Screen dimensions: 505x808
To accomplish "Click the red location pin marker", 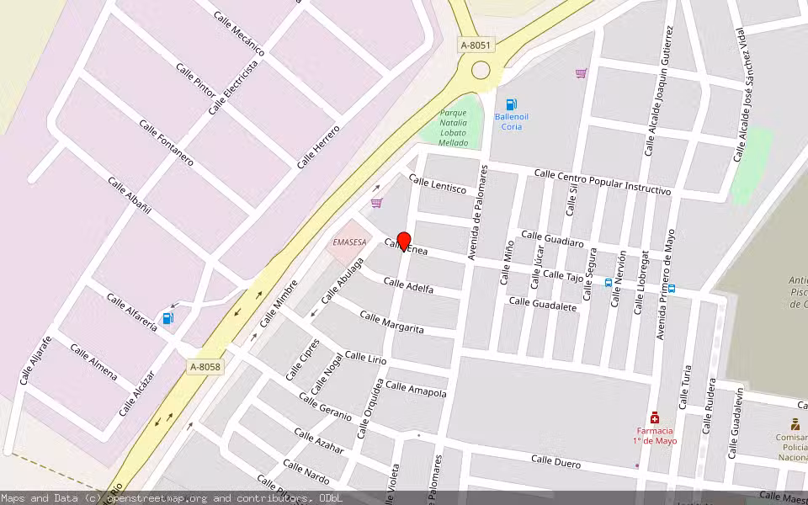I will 403,241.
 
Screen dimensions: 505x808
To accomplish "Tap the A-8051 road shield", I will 476,44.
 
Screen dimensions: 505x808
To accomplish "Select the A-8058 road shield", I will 205,367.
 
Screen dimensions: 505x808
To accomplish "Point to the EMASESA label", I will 349,242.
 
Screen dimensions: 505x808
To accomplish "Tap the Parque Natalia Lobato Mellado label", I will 454,127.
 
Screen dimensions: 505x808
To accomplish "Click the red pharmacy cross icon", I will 654,418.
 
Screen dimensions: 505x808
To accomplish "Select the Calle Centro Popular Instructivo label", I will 602,183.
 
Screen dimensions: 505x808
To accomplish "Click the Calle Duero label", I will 556,461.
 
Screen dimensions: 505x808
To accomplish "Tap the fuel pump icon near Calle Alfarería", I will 168,318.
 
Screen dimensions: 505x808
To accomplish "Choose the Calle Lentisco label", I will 438,184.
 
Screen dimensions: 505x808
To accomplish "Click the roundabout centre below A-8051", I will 481,71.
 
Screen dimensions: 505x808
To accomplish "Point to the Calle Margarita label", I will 391,322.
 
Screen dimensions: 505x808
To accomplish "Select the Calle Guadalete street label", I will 543,304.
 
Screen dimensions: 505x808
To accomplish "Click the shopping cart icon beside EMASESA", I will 376,203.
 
